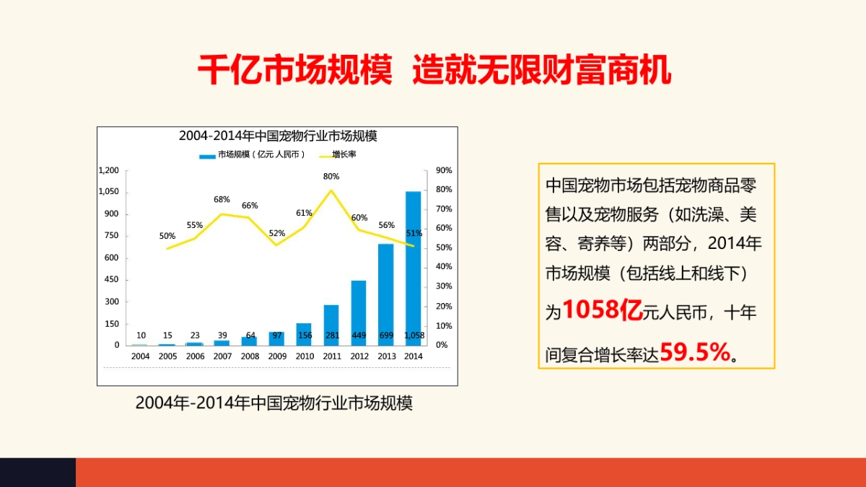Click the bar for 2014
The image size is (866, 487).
(413, 267)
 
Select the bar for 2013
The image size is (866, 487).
(386, 292)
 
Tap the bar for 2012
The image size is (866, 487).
(359, 310)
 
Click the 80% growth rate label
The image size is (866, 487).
(331, 176)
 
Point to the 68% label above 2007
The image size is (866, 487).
(222, 200)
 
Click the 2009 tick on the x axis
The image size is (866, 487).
(277, 356)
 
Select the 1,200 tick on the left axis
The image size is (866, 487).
(108, 170)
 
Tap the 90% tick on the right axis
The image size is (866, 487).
(444, 170)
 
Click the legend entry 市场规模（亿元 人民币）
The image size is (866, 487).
(253, 154)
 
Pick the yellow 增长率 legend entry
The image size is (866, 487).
(336, 154)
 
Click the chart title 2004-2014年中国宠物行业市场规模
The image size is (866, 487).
(278, 136)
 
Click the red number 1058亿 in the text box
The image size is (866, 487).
(603, 310)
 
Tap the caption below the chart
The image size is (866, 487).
(274, 403)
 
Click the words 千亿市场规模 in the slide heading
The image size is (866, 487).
(295, 71)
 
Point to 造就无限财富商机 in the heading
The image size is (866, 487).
(542, 71)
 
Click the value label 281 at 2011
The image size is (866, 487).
(332, 335)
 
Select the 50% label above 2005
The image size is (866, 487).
(167, 236)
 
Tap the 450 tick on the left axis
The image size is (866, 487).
(111, 280)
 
